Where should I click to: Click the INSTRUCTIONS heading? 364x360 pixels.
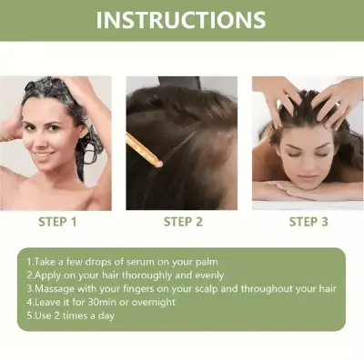[182, 20]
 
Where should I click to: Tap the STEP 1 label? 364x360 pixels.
[57, 221]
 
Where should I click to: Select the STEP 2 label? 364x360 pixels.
[182, 221]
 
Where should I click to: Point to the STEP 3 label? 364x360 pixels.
[308, 221]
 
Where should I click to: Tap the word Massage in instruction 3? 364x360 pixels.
[53, 288]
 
